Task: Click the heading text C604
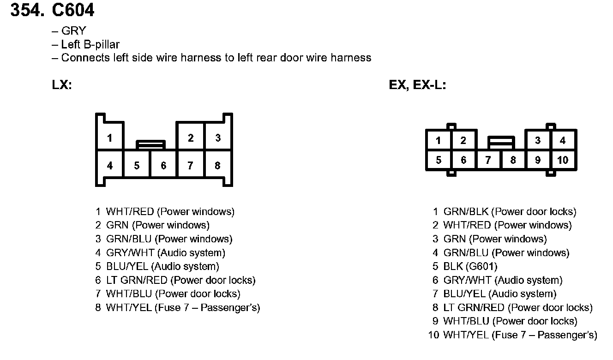(x=73, y=10)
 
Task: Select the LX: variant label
(x=62, y=85)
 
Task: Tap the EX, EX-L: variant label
(x=417, y=85)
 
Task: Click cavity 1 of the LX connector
(x=109, y=138)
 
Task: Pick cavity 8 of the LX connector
(x=217, y=165)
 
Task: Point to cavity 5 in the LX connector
(x=137, y=165)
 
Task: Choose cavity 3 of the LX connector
(x=217, y=138)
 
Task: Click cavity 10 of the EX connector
(x=563, y=160)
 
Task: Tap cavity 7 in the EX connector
(x=488, y=160)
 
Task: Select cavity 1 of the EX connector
(x=438, y=141)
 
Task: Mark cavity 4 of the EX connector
(x=563, y=141)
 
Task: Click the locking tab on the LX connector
(x=150, y=144)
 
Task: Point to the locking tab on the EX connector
(x=501, y=141)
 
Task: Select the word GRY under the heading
(x=73, y=31)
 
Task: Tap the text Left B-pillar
(x=90, y=45)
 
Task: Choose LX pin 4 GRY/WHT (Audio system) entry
(x=165, y=253)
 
